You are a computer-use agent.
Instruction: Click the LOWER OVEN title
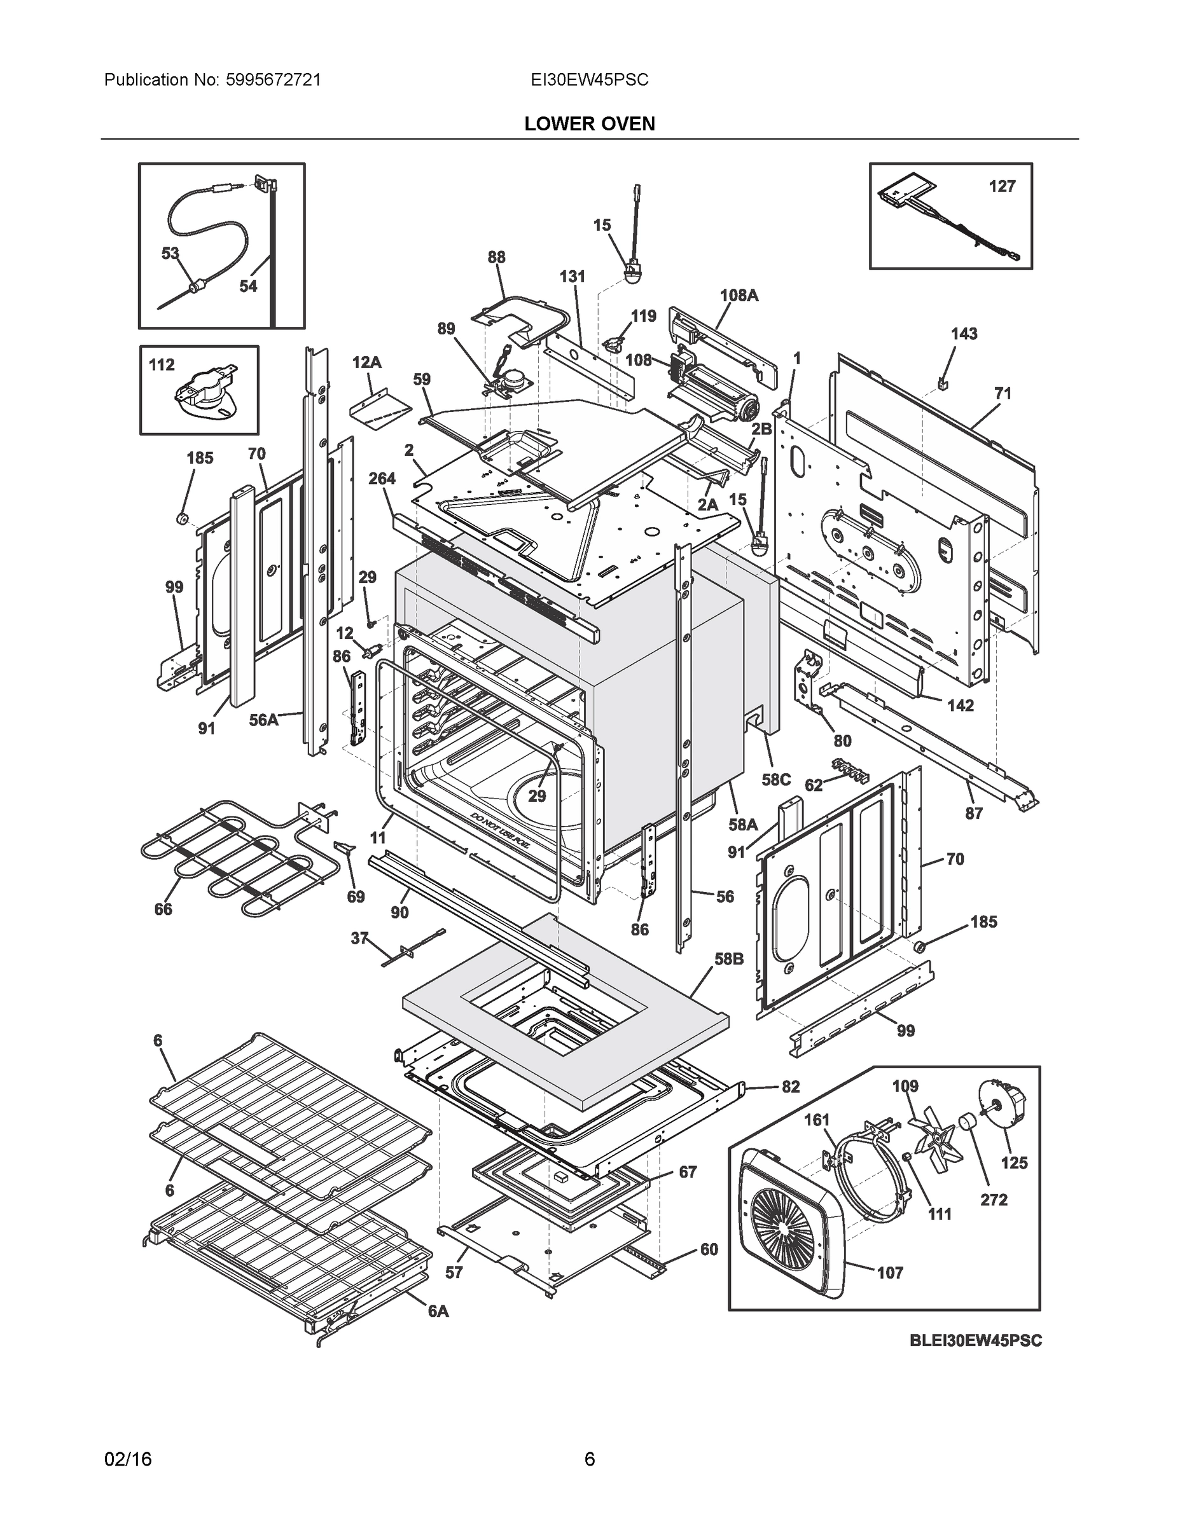(589, 124)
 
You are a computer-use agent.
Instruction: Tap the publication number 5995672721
(274, 80)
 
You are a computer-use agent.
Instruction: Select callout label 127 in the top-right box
(1001, 186)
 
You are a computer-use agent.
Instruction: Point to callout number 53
(170, 253)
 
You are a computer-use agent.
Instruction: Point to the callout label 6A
(438, 1312)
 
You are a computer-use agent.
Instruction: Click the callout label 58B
(728, 959)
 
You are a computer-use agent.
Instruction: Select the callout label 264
(382, 478)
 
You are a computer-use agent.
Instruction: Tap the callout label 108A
(739, 295)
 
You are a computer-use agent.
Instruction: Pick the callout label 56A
(263, 720)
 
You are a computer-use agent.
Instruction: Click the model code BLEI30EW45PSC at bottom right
(975, 1340)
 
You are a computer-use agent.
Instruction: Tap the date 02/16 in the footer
(128, 1459)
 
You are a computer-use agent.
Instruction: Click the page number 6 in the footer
(589, 1459)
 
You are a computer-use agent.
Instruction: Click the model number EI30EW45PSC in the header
(589, 80)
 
